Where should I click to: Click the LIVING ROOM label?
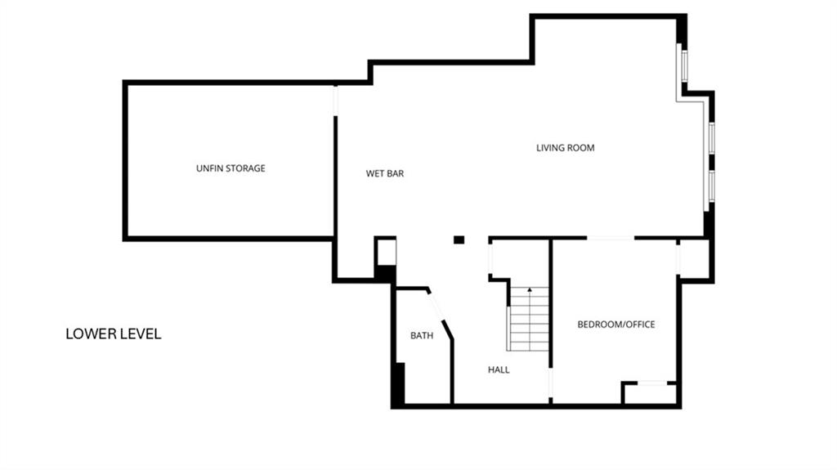566,148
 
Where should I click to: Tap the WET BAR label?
385,173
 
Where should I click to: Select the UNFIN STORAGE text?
231,168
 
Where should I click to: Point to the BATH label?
422,335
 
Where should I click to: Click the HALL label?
499,369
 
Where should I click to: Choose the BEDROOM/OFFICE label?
616,325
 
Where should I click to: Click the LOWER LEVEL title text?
113,333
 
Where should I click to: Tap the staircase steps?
529,319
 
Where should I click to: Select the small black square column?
459,239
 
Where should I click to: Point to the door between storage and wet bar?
335,100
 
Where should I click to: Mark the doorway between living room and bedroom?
611,238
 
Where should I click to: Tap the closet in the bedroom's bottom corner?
650,394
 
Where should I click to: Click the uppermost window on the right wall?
684,66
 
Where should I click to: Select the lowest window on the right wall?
712,186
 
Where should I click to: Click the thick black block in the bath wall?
399,383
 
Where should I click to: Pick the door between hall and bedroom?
550,383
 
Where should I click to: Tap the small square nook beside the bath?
387,253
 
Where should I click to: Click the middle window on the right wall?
712,138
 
